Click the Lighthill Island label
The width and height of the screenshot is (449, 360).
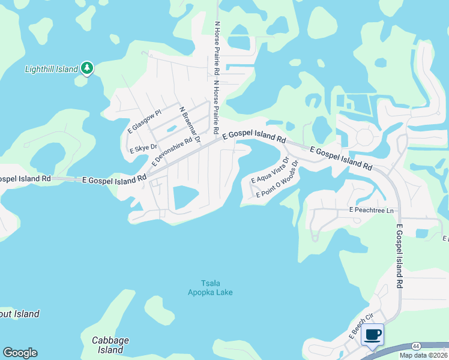click(x=52, y=69)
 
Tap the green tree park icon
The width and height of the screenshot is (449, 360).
click(x=88, y=68)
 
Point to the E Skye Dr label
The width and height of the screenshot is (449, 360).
click(x=143, y=147)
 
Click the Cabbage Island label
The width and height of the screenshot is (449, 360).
click(x=110, y=344)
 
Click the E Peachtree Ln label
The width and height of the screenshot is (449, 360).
click(x=372, y=211)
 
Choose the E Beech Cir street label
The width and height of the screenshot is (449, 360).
click(x=362, y=327)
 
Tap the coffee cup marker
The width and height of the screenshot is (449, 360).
click(x=372, y=334)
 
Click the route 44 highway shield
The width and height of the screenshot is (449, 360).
click(x=415, y=346)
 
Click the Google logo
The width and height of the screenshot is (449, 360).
click(x=20, y=353)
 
